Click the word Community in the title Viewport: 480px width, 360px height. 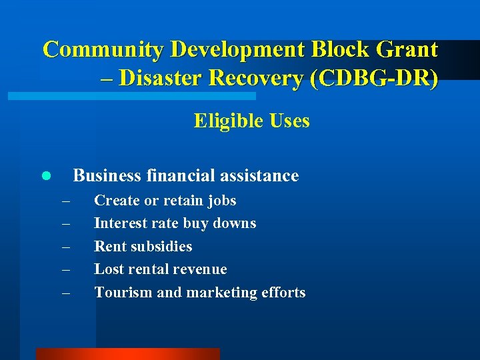(103, 49)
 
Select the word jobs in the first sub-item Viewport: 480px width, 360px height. (221, 201)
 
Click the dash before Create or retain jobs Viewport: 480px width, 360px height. (65, 201)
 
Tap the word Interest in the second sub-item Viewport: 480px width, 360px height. (119, 223)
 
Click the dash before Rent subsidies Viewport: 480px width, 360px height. (65, 247)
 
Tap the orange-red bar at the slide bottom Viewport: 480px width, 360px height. (127, 354)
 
